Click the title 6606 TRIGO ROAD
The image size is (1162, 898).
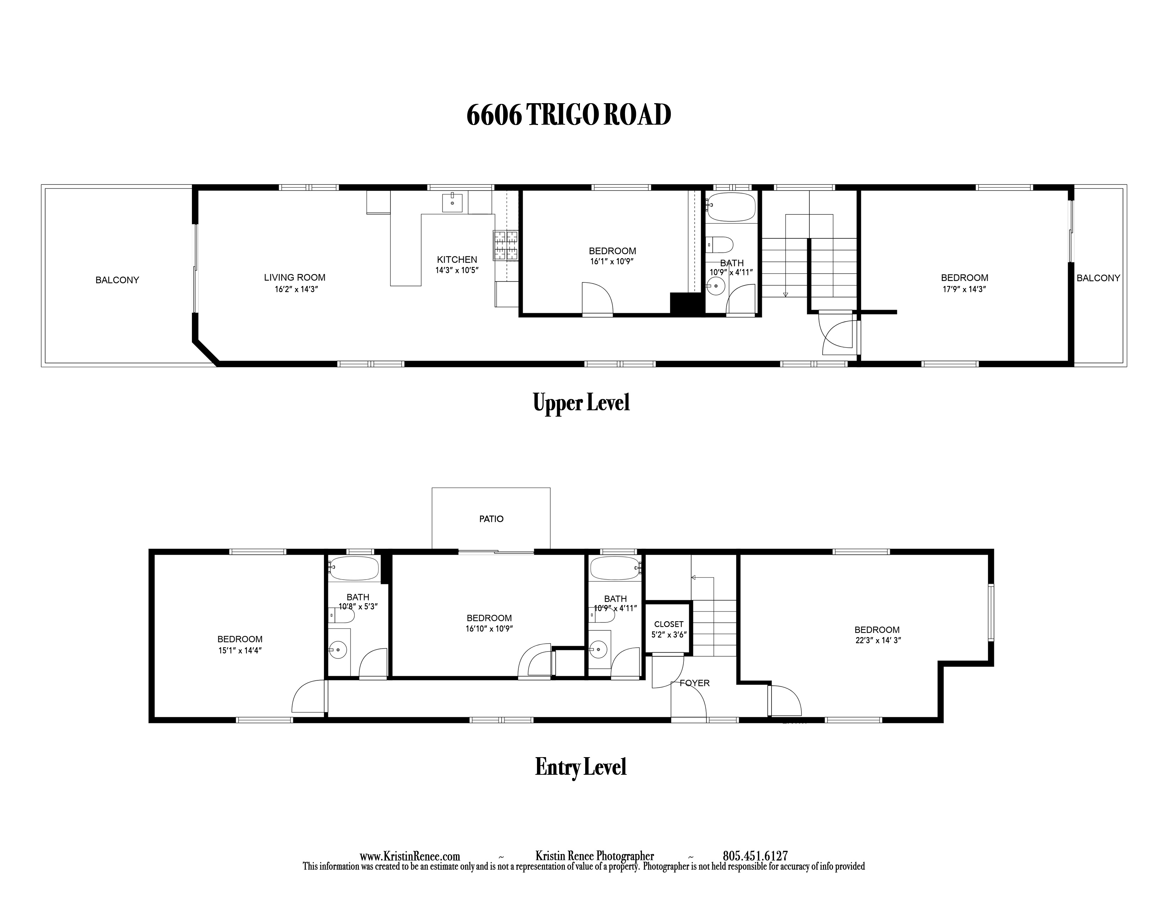pos(568,115)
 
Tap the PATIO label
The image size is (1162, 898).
pos(491,519)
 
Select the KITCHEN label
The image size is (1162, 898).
pos(457,260)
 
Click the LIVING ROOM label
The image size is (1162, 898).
pos(295,277)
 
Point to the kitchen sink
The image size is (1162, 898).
pos(452,203)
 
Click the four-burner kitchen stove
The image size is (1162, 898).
pos(505,245)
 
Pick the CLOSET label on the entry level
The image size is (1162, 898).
pos(669,624)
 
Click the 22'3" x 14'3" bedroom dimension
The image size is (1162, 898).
pos(878,641)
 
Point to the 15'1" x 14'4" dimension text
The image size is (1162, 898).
pos(240,650)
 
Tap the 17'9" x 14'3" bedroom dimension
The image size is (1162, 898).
pos(964,289)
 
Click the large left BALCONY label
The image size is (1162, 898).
pos(117,280)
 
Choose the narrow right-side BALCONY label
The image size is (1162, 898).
pos(1098,278)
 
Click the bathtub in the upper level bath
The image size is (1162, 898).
pos(732,207)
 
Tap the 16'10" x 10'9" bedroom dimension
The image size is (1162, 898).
pos(489,628)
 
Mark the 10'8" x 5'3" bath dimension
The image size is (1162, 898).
pos(358,606)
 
